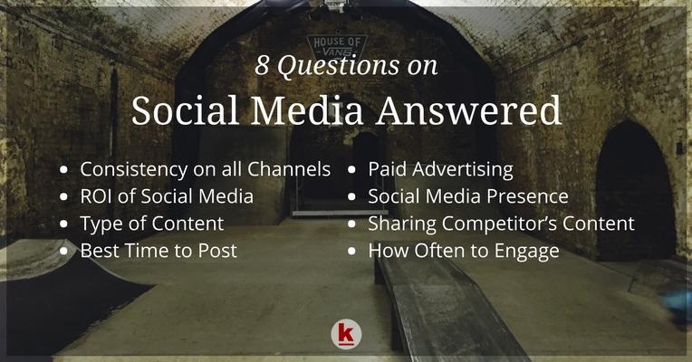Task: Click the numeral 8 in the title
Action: point(262,65)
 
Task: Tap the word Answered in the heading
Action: point(468,110)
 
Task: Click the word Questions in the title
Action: point(338,66)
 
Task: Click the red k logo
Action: point(346,335)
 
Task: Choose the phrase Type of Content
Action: point(152,224)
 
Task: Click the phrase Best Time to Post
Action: point(159,251)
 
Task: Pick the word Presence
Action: point(527,196)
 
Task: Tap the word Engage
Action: point(526,252)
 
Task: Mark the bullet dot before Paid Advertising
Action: point(351,170)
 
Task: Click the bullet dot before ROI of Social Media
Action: point(64,197)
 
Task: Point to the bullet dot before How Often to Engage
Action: point(351,252)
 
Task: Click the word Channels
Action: point(289,169)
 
